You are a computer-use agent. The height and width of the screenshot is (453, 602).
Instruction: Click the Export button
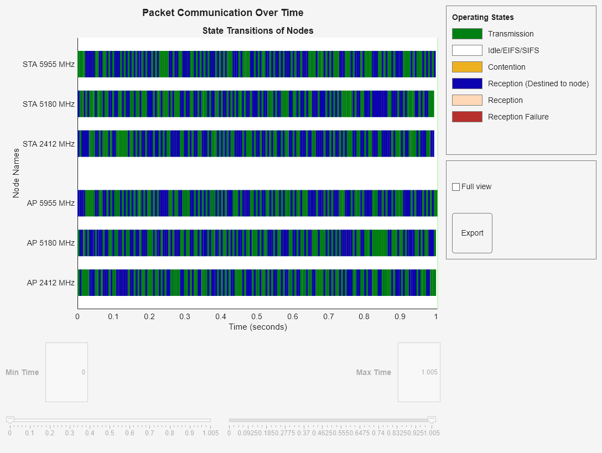click(x=472, y=233)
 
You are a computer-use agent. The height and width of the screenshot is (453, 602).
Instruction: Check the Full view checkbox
click(x=456, y=187)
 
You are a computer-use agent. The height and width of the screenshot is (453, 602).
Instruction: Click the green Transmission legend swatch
click(x=467, y=34)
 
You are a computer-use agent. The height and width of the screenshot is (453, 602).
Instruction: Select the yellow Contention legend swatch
click(x=467, y=67)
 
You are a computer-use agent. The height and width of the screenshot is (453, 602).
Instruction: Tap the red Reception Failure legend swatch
click(x=467, y=117)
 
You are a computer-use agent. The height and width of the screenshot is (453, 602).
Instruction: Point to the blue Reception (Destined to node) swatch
click(x=467, y=84)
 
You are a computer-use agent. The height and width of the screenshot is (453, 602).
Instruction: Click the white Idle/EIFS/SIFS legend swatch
click(x=467, y=50)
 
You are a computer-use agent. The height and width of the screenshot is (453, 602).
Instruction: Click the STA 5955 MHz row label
click(x=48, y=64)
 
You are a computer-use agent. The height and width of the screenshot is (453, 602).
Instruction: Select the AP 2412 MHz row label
click(x=50, y=283)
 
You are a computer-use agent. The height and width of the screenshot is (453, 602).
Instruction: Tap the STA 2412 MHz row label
click(x=48, y=144)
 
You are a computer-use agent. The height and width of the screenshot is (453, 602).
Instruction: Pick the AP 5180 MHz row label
click(x=50, y=243)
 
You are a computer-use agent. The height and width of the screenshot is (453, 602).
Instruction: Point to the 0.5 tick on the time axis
click(x=257, y=316)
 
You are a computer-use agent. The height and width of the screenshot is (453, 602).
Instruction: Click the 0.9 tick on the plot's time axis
click(x=400, y=316)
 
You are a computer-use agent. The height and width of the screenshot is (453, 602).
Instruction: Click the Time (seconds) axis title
click(x=258, y=327)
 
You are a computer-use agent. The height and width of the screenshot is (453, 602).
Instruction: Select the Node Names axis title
click(x=16, y=173)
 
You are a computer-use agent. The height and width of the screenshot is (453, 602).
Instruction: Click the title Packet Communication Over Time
click(x=222, y=13)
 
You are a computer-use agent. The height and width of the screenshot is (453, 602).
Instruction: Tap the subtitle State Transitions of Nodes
click(x=258, y=30)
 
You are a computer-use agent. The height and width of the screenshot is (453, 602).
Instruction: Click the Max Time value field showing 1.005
click(x=419, y=372)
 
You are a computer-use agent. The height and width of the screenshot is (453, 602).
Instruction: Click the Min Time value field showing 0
click(x=66, y=372)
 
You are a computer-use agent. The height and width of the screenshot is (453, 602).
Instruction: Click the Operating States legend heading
click(x=482, y=17)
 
